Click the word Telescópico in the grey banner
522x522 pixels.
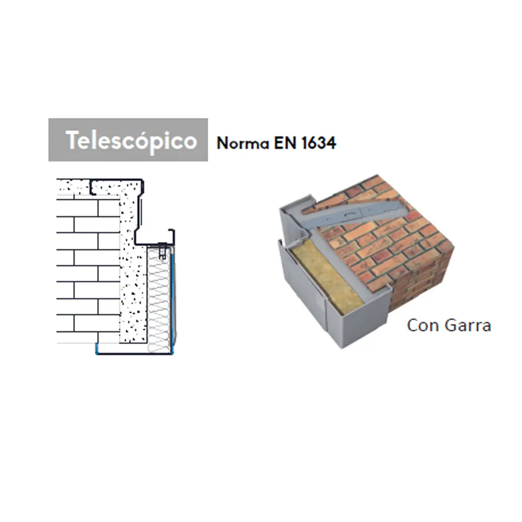pos(131,140)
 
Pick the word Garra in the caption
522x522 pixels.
pos(467,325)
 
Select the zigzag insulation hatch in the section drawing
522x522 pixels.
pos(158,300)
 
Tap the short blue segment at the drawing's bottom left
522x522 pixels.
pos(97,349)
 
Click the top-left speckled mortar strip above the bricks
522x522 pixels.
pos(72,187)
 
